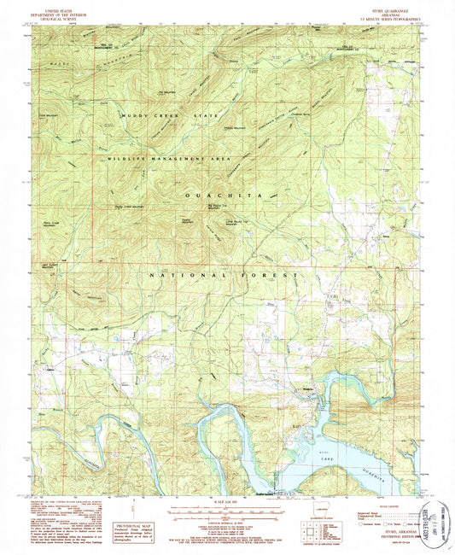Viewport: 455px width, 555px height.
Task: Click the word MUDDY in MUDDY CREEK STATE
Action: point(134,114)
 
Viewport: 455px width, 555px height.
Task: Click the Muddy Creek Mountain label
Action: point(131,206)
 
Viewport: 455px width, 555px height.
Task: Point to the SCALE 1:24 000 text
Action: point(227,503)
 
